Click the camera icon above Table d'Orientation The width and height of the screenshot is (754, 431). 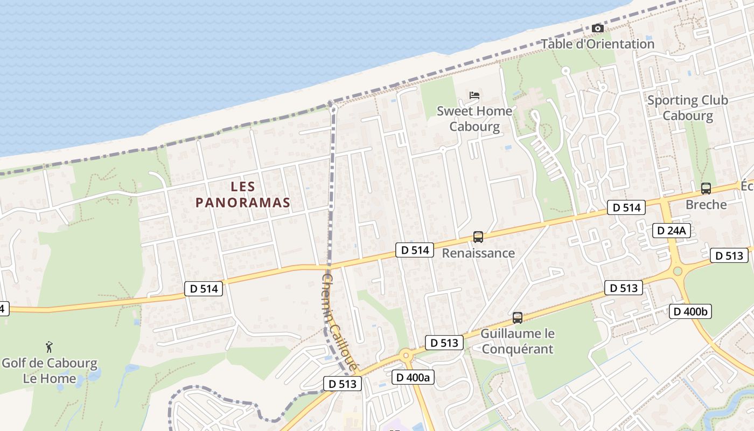click(x=597, y=28)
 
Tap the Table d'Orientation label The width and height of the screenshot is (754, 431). click(x=597, y=44)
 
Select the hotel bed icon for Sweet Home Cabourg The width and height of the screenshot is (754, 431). click(x=474, y=95)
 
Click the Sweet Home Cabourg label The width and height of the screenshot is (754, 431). click(x=474, y=119)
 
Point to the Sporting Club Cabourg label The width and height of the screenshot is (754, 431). click(x=687, y=108)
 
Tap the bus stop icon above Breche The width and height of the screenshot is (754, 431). click(x=706, y=189)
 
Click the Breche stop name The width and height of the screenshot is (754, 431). click(x=706, y=205)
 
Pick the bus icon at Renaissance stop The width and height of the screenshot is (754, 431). click(x=478, y=237)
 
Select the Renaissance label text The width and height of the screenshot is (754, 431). click(x=478, y=253)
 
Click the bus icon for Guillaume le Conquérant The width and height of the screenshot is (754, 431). click(x=518, y=318)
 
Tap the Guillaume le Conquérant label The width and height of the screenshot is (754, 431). click(x=517, y=341)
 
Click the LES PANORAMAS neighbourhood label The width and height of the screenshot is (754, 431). click(x=243, y=194)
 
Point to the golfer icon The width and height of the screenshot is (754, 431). click(x=49, y=347)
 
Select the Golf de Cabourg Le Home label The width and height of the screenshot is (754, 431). click(x=49, y=371)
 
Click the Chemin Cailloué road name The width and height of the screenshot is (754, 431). click(x=339, y=322)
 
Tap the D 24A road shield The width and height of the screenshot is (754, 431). click(x=672, y=231)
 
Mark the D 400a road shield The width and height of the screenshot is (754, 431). click(x=413, y=377)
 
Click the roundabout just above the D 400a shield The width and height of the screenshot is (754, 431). click(x=406, y=355)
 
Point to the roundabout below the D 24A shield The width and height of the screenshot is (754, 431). click(x=678, y=271)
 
